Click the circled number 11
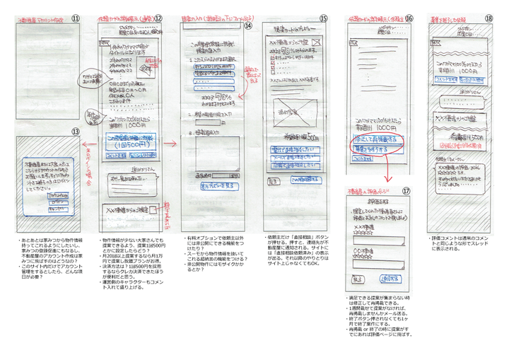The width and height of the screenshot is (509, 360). [x=75, y=18]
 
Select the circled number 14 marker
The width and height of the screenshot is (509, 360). [x=248, y=25]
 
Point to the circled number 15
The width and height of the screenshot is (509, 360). [x=323, y=18]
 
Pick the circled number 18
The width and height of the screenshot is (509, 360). [x=488, y=18]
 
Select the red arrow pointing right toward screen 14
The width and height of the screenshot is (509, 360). [x=170, y=143]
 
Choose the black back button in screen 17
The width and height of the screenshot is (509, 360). [x=358, y=279]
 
